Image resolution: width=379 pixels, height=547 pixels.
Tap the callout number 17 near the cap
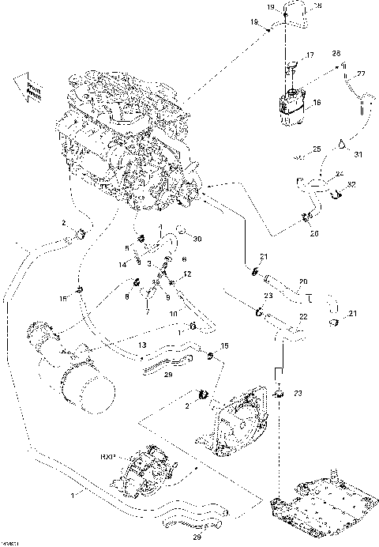[310, 55]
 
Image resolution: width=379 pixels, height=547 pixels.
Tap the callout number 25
[316, 149]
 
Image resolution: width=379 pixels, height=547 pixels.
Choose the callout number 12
[188, 273]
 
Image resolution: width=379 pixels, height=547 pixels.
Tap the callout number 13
[142, 346]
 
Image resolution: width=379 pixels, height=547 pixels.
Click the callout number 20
[303, 281]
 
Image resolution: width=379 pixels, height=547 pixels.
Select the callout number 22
[303, 316]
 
